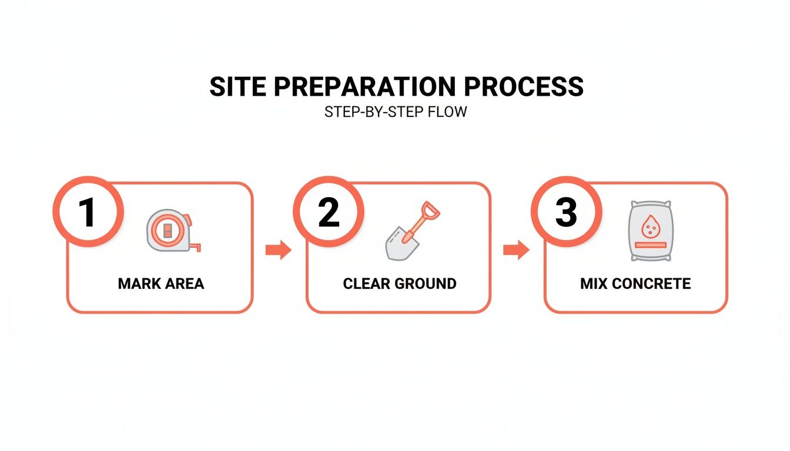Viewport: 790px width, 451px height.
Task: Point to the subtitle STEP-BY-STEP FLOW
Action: [395, 112]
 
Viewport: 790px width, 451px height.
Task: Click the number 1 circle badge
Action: [88, 212]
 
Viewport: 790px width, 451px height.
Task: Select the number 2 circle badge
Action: [329, 212]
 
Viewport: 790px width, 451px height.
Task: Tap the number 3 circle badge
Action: [565, 212]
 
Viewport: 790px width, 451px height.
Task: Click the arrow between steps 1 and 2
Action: [278, 251]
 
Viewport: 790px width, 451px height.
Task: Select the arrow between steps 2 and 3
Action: [516, 251]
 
